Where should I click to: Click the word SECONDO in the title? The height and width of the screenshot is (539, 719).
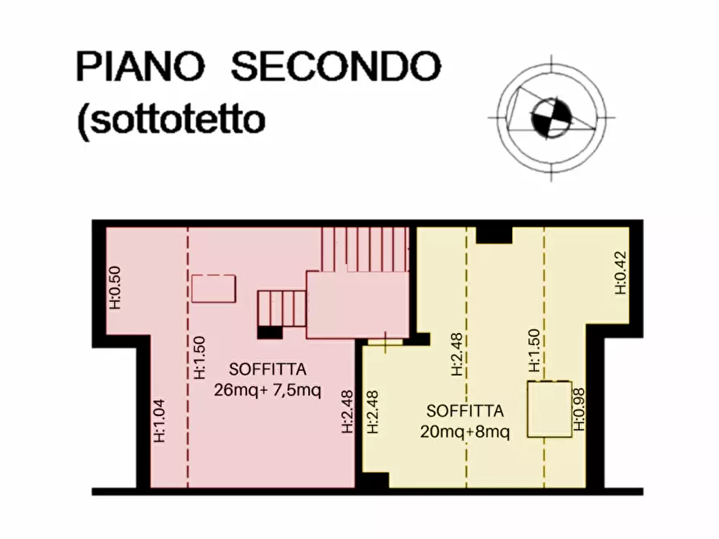(336, 67)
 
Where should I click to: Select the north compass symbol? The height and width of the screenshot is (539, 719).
(551, 117)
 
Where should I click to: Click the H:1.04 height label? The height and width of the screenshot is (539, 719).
(159, 421)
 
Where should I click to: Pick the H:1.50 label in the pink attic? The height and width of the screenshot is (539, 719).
(200, 356)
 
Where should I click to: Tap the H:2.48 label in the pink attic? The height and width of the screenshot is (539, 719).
(347, 411)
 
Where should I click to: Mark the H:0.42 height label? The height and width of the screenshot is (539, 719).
(620, 274)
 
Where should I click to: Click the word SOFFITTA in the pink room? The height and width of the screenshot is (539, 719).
(267, 371)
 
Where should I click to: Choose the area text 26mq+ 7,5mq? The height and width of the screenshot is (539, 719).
(267, 392)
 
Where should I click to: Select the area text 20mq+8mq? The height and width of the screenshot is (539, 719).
(465, 431)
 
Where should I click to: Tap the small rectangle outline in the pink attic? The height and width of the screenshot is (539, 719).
(213, 288)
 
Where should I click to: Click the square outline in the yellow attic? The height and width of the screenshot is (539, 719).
(548, 409)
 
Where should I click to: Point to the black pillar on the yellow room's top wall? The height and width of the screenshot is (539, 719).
(494, 234)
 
